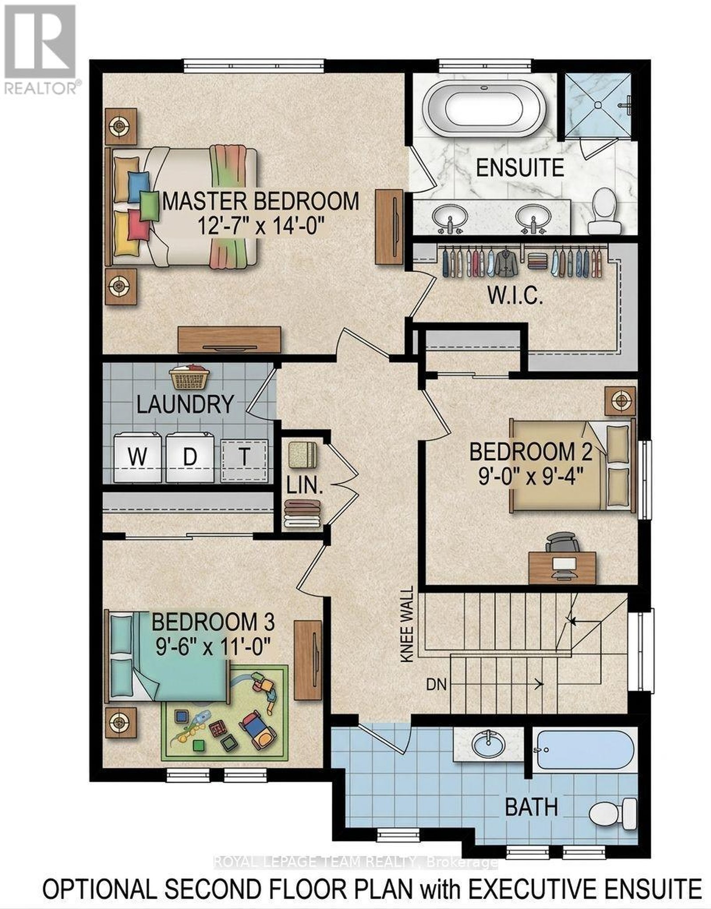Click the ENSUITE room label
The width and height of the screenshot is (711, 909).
pos(519,168)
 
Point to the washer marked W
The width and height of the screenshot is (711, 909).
pos(138,457)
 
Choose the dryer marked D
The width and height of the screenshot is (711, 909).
pos(190,457)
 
